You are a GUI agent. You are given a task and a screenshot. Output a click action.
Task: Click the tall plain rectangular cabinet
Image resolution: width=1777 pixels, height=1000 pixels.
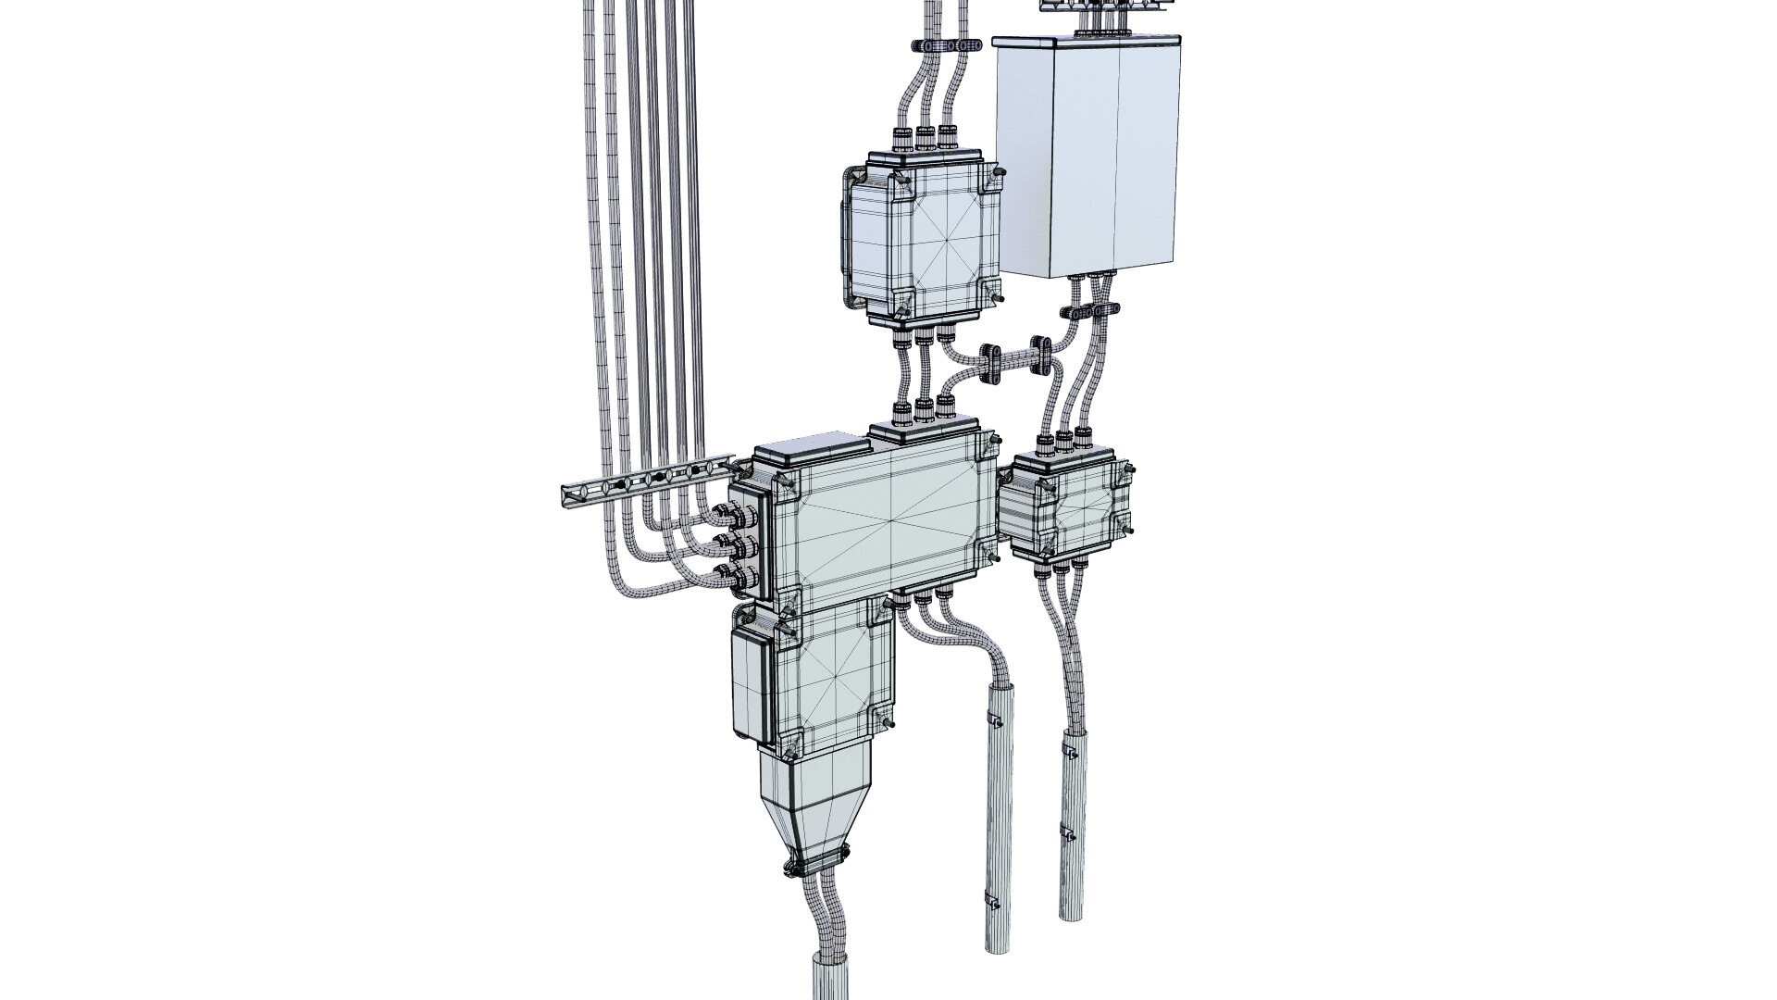[1087, 157]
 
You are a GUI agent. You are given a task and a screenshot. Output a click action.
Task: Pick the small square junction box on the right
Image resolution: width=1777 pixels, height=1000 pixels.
[1074, 507]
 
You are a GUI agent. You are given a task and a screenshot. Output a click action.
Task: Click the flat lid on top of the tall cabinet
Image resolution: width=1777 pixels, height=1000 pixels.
[1087, 41]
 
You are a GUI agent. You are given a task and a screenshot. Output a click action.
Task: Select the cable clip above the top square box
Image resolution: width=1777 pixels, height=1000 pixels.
[940, 45]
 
